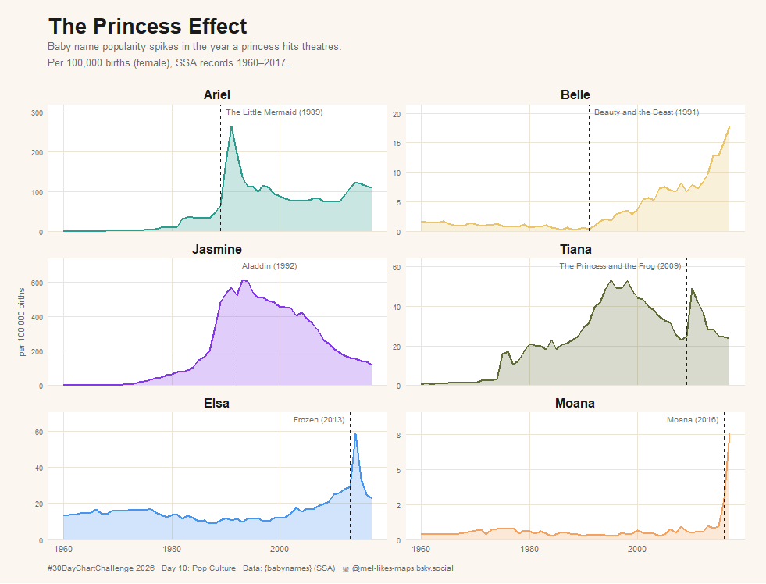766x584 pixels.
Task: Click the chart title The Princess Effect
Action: pos(148,27)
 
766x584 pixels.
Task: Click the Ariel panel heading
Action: pos(216,94)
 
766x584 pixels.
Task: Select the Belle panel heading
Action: pos(575,94)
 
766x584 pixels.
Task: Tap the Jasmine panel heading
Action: pos(216,249)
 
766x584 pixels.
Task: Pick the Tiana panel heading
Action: pos(575,249)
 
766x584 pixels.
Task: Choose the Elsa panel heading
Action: pos(216,403)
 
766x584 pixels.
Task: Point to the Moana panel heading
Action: pos(575,403)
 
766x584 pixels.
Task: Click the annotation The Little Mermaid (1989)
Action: pos(274,112)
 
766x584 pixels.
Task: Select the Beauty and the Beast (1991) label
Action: pos(646,112)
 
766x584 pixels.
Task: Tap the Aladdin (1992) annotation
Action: pos(269,266)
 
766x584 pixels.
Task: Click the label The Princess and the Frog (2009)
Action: pos(620,266)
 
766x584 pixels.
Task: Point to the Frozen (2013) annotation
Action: pos(319,420)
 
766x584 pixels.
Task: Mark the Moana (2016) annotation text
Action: pos(692,420)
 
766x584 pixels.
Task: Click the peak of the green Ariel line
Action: pos(231,126)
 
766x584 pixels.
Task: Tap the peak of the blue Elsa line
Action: pos(355,434)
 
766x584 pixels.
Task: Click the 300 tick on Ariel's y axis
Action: pos(36,113)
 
